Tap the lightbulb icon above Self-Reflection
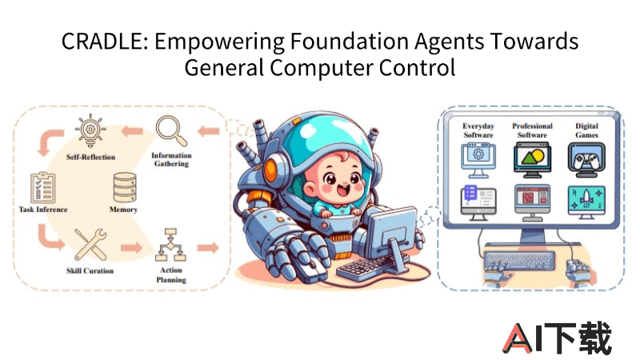[90, 130]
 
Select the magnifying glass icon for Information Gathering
[171, 130]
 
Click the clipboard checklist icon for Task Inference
[43, 187]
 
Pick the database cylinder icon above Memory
[125, 187]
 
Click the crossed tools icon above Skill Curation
[90, 244]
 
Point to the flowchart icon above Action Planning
[170, 245]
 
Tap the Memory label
[123, 210]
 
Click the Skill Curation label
[90, 270]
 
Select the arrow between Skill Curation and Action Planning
[131, 247]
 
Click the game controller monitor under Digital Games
[586, 159]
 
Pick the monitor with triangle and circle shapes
[532, 159]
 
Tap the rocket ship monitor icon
[586, 202]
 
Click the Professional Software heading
[532, 130]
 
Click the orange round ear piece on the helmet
[270, 170]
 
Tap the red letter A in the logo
[518, 338]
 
